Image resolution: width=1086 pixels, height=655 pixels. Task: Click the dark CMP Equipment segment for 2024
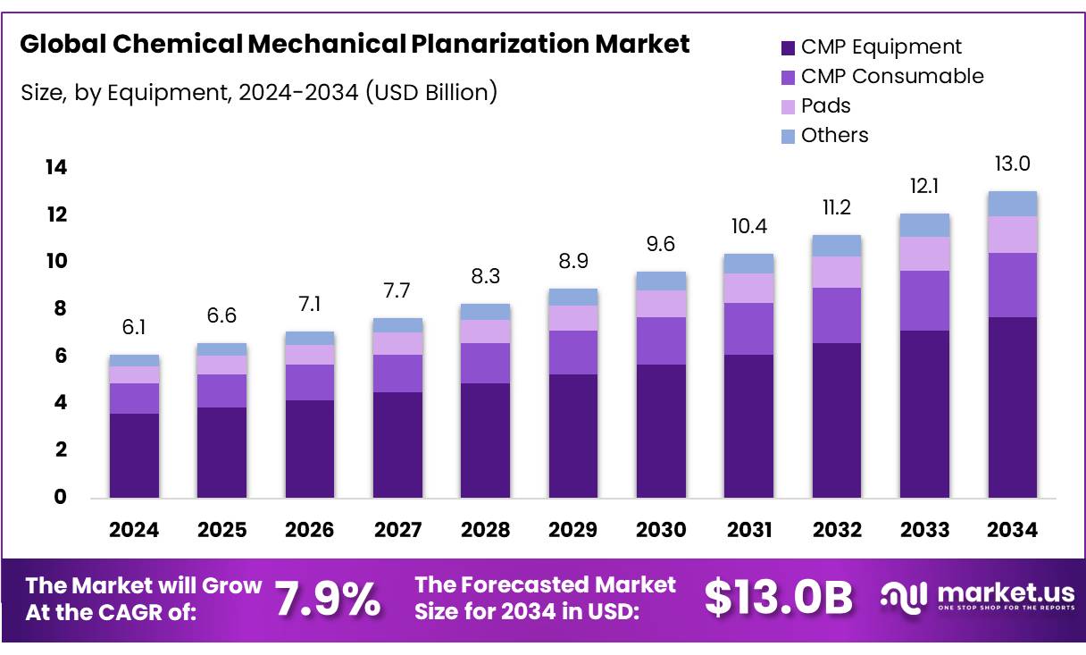tap(134, 455)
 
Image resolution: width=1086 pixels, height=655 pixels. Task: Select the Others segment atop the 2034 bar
tap(1012, 204)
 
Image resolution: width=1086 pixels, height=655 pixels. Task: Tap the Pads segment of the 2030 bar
tap(661, 304)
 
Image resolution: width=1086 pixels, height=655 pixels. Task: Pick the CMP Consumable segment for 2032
tap(837, 315)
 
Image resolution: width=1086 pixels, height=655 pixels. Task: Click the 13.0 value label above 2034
tap(1012, 164)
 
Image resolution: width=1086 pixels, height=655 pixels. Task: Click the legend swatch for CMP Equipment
tap(788, 48)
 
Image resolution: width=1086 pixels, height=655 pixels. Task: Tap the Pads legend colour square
tap(788, 106)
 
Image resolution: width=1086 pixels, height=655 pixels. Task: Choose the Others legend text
tap(834, 135)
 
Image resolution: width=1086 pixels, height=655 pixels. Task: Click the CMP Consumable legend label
tap(891, 77)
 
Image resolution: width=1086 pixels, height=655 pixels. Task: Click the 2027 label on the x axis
tap(397, 530)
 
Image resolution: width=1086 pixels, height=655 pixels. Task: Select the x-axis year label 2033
tap(924, 530)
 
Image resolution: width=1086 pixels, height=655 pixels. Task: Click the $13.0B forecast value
tap(778, 599)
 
